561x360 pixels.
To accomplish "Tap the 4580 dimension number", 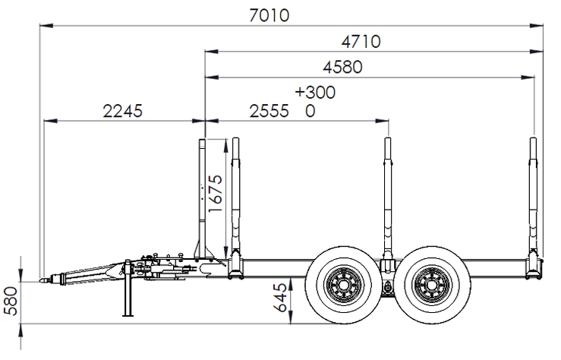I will (342, 67).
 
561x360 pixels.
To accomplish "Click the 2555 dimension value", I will (269, 111).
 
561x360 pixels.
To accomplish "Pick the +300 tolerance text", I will (315, 92).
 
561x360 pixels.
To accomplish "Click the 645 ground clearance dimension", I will (280, 300).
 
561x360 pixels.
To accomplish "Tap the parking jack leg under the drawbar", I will (127, 300).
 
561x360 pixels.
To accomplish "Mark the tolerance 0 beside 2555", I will (309, 111).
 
